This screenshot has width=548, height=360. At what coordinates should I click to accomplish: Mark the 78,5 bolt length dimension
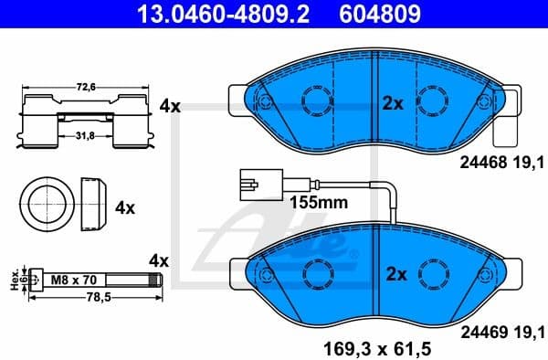coord(87,298)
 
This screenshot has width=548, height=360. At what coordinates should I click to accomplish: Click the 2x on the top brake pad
coord(393,103)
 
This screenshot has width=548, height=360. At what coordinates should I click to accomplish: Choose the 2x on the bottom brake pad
coord(393,273)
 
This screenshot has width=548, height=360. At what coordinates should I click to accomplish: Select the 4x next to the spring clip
coord(169,106)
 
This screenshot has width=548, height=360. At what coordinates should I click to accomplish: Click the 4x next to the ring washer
coord(125,207)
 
